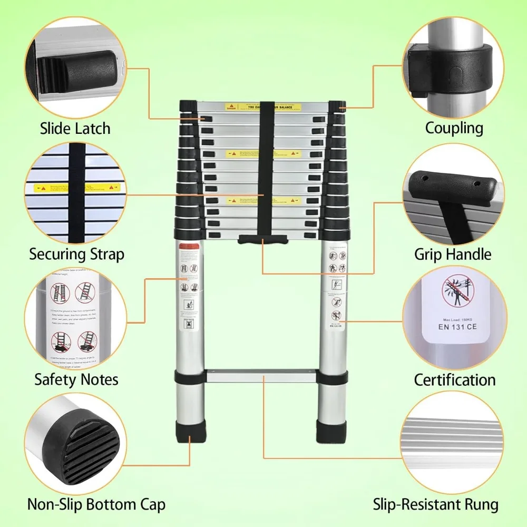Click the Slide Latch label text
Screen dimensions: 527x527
pyautogui.click(x=75, y=128)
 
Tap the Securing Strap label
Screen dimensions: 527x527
pyautogui.click(x=77, y=254)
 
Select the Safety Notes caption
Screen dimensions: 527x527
pyautogui.click(x=76, y=379)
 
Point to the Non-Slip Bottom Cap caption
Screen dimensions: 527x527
pyautogui.click(x=96, y=504)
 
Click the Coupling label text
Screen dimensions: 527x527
pyautogui.click(x=454, y=128)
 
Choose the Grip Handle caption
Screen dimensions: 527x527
pyautogui.click(x=452, y=255)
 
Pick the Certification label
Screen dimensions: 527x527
pyautogui.click(x=454, y=379)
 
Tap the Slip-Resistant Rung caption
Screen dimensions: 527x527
pyautogui.click(x=436, y=504)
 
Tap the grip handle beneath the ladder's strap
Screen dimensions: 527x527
pyautogui.click(x=262, y=240)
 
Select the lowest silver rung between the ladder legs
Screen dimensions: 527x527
pyautogui.click(x=262, y=377)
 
